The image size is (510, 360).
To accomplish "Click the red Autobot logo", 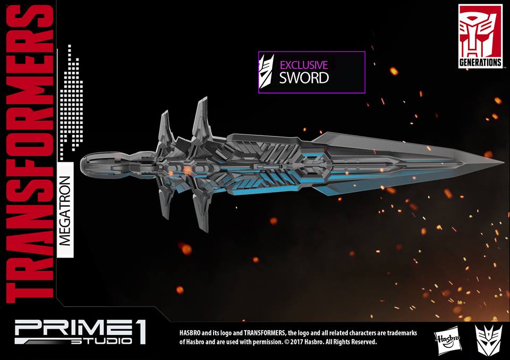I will coord(480,31).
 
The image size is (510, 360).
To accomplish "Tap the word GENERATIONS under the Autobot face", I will coord(480,62).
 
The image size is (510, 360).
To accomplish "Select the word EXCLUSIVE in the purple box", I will coord(303,65).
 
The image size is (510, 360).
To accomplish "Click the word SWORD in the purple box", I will coord(304,78).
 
